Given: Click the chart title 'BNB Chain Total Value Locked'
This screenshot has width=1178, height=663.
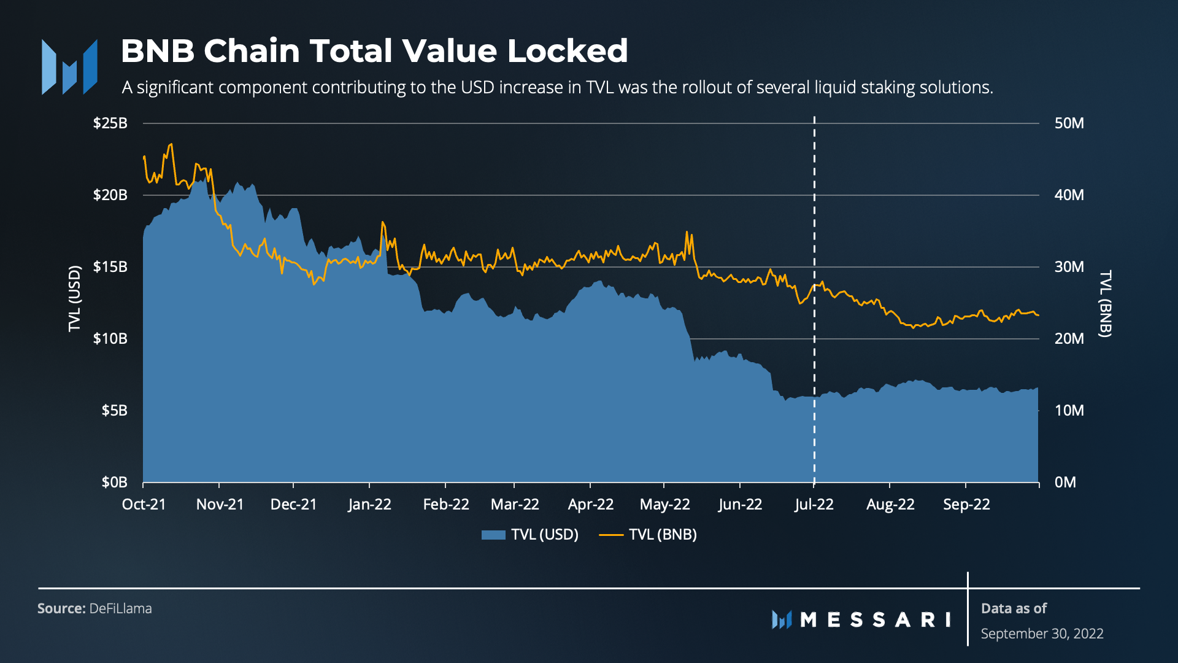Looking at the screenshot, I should point(374,51).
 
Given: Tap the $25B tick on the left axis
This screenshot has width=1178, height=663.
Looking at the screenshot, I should point(110,123).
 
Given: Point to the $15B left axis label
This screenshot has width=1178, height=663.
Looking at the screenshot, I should point(110,267).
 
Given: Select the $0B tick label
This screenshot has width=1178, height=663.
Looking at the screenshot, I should point(114,483).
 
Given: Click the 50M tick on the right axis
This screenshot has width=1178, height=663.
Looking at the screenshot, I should point(1069,123).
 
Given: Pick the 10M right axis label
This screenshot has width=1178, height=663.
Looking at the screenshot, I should point(1069,411).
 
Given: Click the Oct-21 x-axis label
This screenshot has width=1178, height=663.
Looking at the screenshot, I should point(144,505).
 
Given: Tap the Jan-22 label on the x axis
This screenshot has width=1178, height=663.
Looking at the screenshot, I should point(369,505).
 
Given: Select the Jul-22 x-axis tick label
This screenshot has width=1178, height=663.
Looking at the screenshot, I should point(814,505).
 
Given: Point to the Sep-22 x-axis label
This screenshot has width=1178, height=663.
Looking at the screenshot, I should point(966,505).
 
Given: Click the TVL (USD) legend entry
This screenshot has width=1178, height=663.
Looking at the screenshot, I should point(531,535).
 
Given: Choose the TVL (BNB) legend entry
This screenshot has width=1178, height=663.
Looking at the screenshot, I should point(649,535).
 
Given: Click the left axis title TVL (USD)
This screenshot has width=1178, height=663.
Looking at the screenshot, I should point(75,298).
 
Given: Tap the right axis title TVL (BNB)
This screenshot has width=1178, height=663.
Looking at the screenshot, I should point(1105,303).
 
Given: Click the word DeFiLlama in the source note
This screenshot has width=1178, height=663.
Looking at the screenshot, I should point(120,608).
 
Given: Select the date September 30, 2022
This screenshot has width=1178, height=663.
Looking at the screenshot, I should point(1042,634).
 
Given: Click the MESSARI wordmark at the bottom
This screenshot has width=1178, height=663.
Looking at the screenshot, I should point(875,620).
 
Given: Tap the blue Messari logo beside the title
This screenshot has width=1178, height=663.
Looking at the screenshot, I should point(69,67).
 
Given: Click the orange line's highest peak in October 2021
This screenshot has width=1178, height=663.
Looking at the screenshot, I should point(171,144).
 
